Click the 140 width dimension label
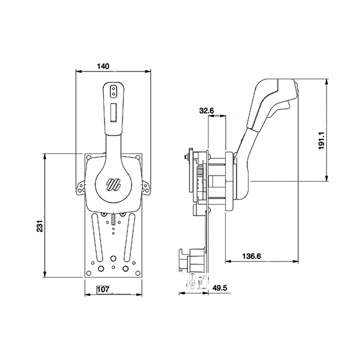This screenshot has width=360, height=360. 103,66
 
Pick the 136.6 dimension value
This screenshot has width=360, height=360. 252,256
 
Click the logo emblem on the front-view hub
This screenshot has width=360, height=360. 113,184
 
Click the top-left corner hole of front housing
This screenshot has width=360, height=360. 89,158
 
